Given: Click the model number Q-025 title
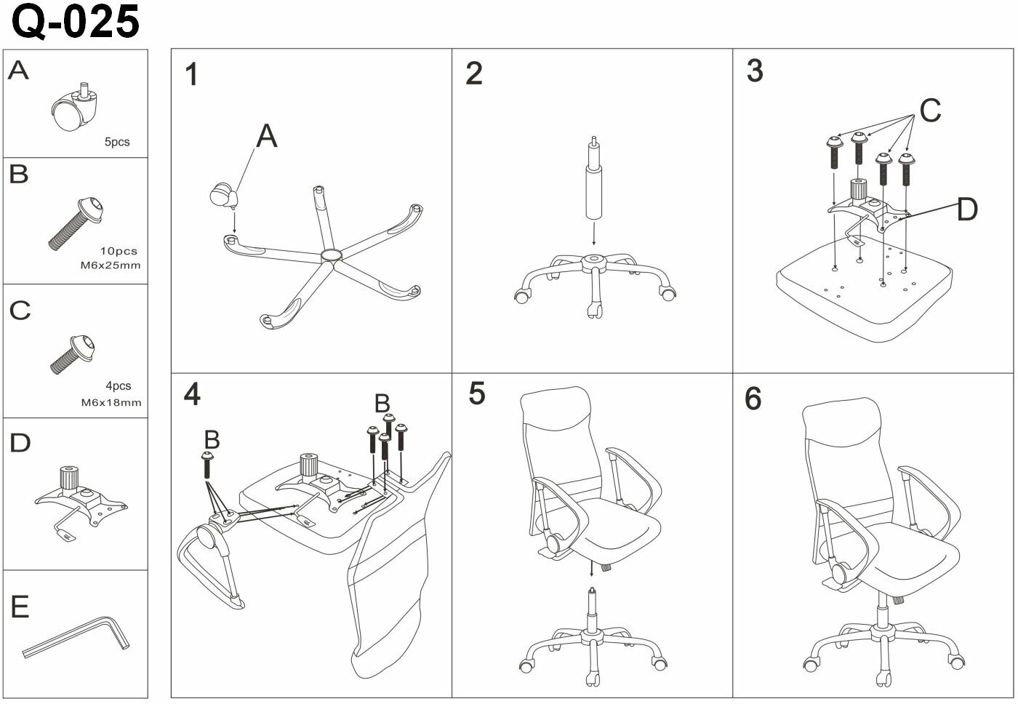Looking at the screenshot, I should click(76, 22).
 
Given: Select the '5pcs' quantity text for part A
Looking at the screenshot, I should click(116, 142).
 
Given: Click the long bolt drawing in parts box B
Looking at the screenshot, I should click(76, 222).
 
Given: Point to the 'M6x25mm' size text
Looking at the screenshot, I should click(111, 265).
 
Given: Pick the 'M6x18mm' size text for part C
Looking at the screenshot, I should click(111, 402).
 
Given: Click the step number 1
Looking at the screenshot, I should click(191, 75).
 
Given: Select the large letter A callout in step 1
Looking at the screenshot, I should click(267, 136).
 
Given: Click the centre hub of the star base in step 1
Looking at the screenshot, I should click(331, 256).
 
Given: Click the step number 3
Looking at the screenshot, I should click(755, 71).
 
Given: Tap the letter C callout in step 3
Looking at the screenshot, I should click(930, 111).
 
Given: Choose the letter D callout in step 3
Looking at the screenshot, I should click(967, 209).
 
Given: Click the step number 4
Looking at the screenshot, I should click(191, 394).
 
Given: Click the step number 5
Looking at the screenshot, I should click(476, 393).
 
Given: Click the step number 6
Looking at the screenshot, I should click(753, 399).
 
